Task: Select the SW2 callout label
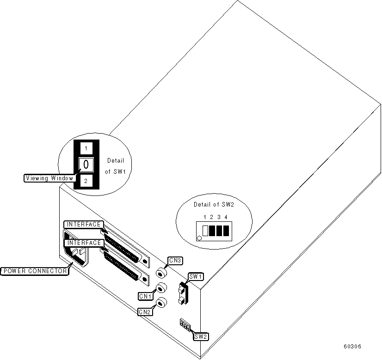tap(201, 337)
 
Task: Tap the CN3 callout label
tap(175, 261)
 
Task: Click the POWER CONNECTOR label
tap(34, 271)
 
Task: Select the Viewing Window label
tap(49, 177)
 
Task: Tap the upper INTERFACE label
tap(84, 225)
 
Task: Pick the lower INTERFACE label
tap(84, 243)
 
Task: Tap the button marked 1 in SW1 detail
tap(86, 148)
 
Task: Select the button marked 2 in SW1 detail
tap(86, 181)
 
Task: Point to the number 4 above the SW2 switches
tap(226, 217)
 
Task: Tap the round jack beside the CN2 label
tap(160, 303)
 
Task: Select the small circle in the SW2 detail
tap(199, 238)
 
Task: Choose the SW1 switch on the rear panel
tap(182, 293)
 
